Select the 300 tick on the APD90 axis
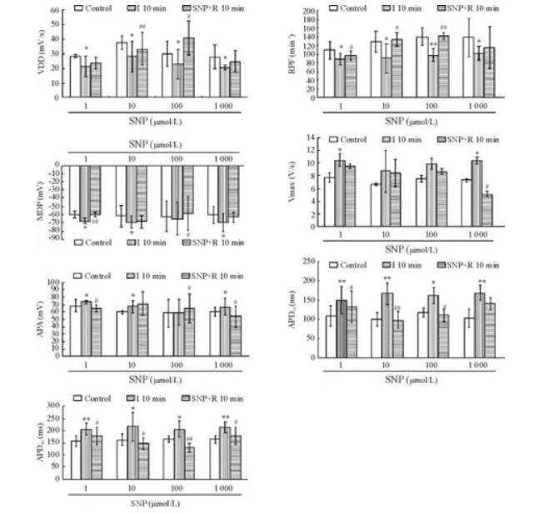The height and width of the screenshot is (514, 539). coord(53,406)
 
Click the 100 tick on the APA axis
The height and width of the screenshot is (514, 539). coord(54,282)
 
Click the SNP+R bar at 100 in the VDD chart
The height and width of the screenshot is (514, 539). coord(189,67)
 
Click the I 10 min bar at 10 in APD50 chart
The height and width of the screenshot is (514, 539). coord(387,325)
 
